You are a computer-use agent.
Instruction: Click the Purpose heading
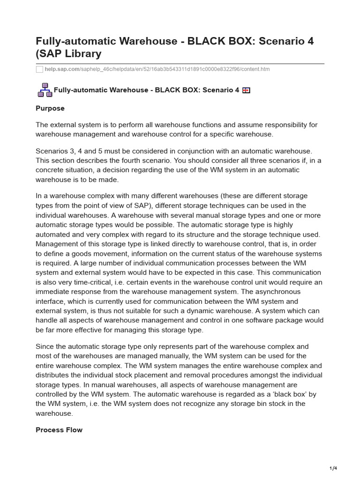click(x=50, y=108)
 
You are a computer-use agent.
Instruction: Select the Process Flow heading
click(x=59, y=430)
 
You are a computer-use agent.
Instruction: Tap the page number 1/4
click(x=333, y=468)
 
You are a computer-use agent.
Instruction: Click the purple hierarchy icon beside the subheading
click(x=45, y=90)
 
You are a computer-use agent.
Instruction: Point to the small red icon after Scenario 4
click(x=246, y=90)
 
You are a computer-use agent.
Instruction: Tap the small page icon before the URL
click(x=39, y=69)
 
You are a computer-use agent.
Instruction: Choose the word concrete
click(x=49, y=170)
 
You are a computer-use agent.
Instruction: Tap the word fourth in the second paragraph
click(x=136, y=160)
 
